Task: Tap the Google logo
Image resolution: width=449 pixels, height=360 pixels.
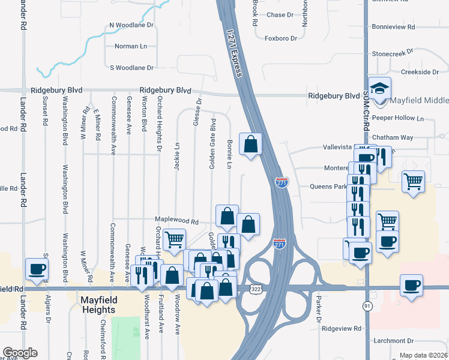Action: coord(20,353)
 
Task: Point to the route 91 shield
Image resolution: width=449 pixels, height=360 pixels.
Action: coord(367,307)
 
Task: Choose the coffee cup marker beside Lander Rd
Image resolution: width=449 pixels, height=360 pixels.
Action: coord(37,269)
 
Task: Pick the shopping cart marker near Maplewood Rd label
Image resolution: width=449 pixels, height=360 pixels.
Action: coord(174,239)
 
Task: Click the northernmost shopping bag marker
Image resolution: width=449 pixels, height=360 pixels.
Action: coord(251,144)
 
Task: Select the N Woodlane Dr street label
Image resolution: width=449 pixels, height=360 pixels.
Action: coord(131,26)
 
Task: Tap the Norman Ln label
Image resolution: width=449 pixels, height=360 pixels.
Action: coord(130,46)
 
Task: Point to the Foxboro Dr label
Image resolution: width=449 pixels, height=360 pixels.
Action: coord(281,38)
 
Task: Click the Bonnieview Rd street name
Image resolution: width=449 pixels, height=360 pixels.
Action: coord(394,27)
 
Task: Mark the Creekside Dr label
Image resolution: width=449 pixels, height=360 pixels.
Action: coord(420,72)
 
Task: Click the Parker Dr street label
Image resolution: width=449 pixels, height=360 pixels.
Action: coord(319,309)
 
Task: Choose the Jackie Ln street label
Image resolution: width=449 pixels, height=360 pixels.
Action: coord(177,156)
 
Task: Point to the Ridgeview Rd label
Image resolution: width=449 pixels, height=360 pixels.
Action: coord(342,329)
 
